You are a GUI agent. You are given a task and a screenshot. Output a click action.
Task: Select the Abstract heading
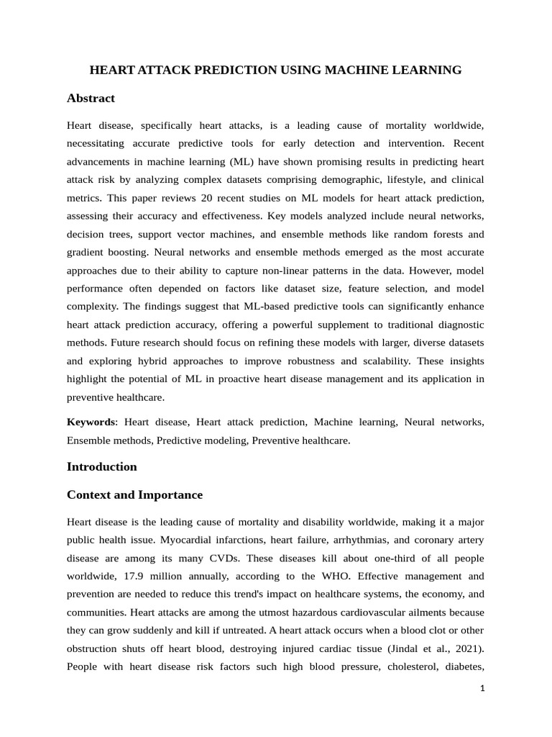[91, 98]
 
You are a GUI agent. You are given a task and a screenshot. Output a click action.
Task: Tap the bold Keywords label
[91, 422]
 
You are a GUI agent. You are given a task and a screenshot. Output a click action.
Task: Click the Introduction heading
[101, 466]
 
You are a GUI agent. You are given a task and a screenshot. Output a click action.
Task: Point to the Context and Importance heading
[134, 495]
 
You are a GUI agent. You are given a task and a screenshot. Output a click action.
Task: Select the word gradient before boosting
[88, 252]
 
